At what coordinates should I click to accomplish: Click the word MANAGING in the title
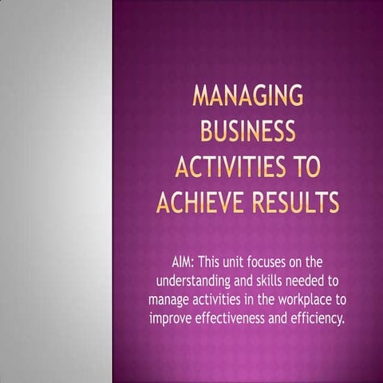[x=248, y=98]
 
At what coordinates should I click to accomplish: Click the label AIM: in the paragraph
[x=184, y=262]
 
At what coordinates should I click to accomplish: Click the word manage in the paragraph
[x=169, y=300]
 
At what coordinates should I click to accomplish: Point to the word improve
[x=173, y=319]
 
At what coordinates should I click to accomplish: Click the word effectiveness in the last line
[x=237, y=319]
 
